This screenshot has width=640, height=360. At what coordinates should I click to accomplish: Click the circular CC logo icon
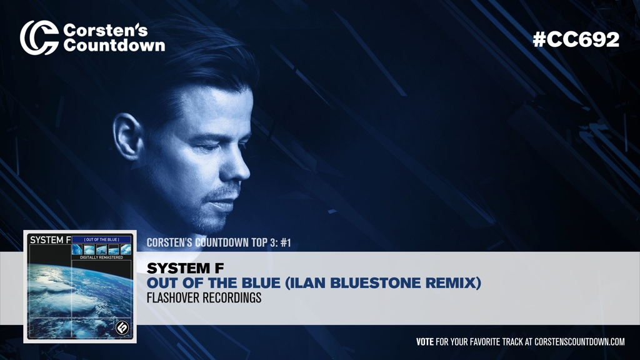(39, 37)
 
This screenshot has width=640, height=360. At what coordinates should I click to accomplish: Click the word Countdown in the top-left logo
(114, 46)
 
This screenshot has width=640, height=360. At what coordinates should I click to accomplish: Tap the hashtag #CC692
(576, 39)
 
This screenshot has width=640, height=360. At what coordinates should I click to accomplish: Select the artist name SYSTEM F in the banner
(185, 269)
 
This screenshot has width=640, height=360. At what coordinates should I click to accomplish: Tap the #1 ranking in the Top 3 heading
(286, 242)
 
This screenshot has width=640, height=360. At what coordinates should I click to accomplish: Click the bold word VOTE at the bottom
(424, 342)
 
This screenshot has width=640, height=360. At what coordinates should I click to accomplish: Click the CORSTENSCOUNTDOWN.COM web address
(579, 342)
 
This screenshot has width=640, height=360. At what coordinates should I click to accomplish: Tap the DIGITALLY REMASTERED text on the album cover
(101, 257)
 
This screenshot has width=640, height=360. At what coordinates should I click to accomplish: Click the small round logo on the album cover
(122, 327)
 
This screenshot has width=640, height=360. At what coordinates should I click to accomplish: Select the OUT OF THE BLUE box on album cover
(101, 239)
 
